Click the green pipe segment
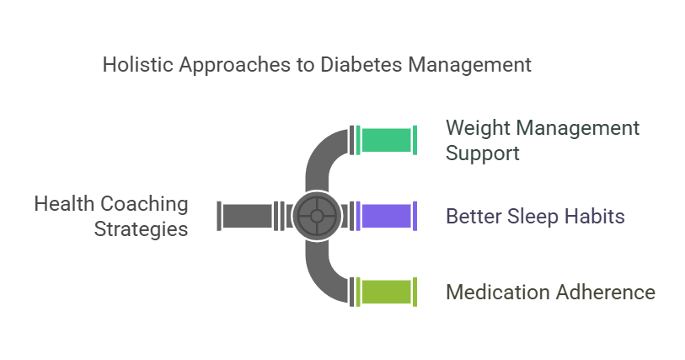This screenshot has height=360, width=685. pyautogui.click(x=387, y=141)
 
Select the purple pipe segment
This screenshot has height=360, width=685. pyautogui.click(x=387, y=217)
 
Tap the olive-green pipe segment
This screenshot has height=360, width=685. pyautogui.click(x=387, y=292)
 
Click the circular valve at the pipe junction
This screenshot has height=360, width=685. pyautogui.click(x=316, y=217)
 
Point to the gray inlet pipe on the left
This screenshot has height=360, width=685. pyautogui.click(x=247, y=216)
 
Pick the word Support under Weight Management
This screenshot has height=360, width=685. pyautogui.click(x=483, y=153)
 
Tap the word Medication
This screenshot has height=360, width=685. pyautogui.click(x=497, y=293)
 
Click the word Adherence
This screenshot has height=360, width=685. pyautogui.click(x=605, y=293)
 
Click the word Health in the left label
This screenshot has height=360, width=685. pyautogui.click(x=61, y=204)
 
